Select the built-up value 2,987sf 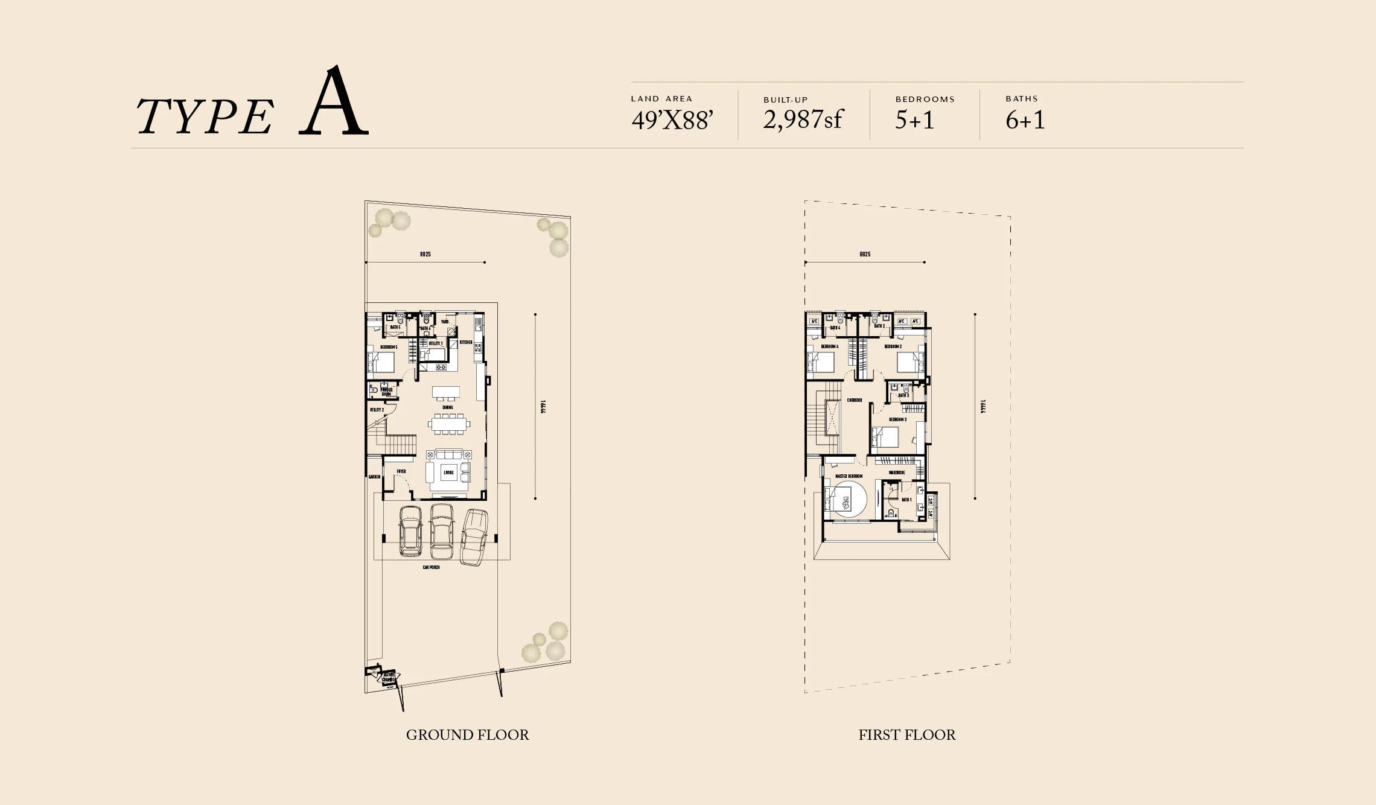pos(802,119)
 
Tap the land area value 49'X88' pos(672,120)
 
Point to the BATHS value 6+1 pos(1025,119)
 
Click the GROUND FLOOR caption pos(467,734)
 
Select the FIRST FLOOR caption pos(906,734)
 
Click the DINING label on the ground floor pos(447,407)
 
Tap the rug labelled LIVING pos(448,472)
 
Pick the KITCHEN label pos(466,342)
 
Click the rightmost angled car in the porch pos(474,536)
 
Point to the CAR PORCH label pos(431,567)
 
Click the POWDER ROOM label pos(386,392)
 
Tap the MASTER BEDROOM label pos(849,476)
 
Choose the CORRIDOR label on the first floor pos(854,400)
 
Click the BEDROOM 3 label pos(897,419)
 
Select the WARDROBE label pos(896,472)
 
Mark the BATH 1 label pos(906,500)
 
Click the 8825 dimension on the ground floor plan pos(425,255)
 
